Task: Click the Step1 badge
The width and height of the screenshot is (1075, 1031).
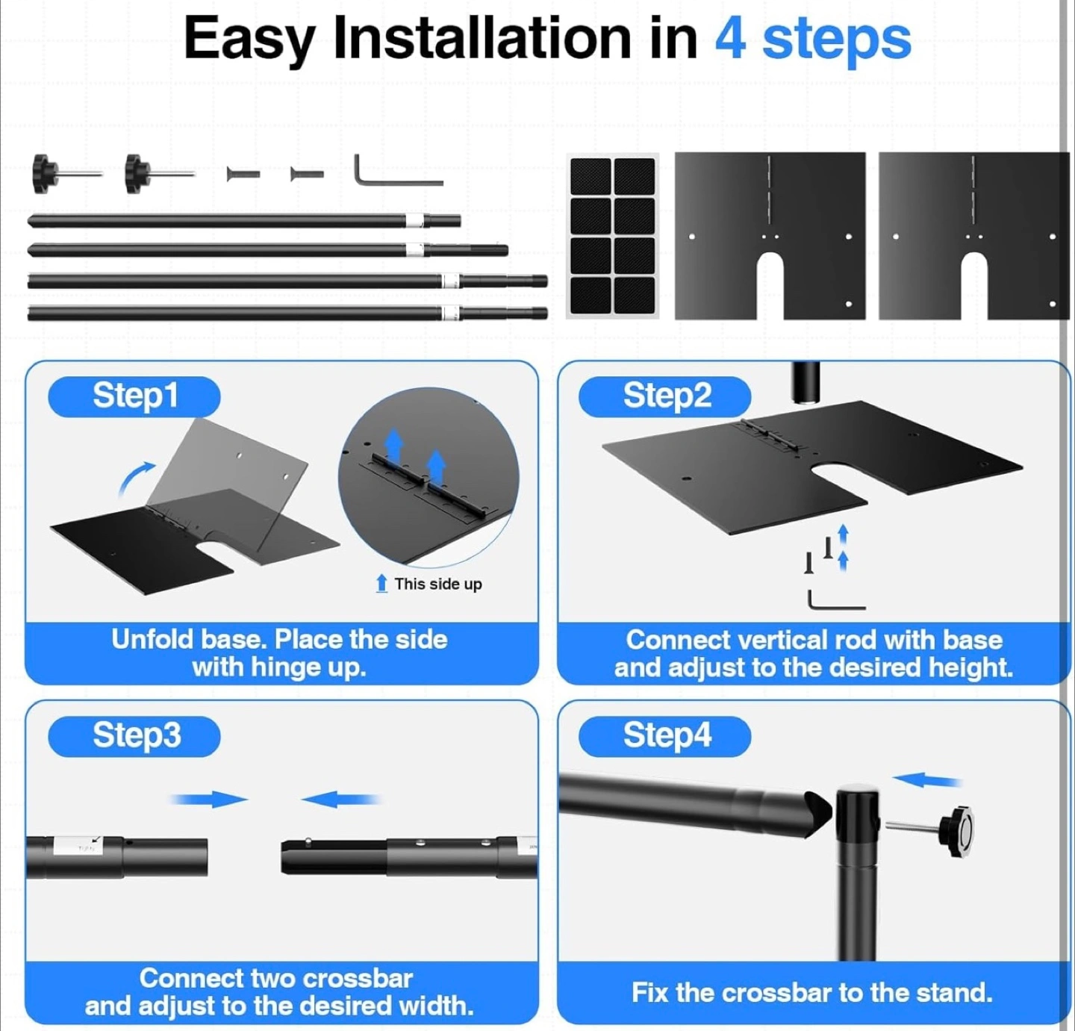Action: click(134, 396)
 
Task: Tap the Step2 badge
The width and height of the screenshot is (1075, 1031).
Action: click(664, 396)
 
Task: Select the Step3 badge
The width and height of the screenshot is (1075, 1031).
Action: click(134, 736)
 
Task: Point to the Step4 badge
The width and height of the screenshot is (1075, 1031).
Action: click(664, 736)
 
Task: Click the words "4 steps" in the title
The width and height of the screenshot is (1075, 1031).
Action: click(812, 39)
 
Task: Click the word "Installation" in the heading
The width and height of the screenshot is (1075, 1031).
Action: click(482, 37)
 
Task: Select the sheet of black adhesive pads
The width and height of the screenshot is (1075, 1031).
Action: click(612, 236)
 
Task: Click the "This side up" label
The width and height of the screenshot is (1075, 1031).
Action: click(429, 584)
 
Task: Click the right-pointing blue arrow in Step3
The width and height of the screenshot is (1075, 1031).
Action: click(208, 800)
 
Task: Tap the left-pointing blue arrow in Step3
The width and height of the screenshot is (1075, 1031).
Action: click(341, 800)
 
